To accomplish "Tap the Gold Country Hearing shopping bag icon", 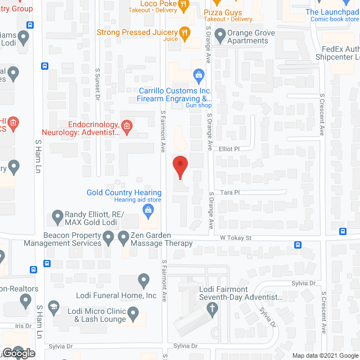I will click(148, 211).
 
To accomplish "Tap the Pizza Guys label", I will click(222, 13).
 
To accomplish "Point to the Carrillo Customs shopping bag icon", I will click(198, 74).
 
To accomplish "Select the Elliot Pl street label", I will click(229, 149).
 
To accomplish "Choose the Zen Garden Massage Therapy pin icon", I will click(124, 240).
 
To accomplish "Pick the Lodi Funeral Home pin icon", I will click(143, 280).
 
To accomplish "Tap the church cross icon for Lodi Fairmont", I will click(212, 308).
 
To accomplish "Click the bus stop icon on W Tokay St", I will click(297, 245).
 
